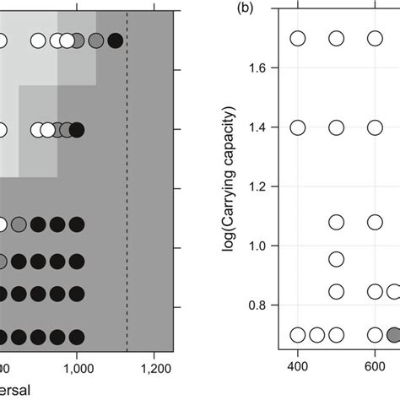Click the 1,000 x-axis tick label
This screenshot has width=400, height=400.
click(x=77, y=368)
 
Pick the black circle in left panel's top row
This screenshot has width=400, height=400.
click(x=116, y=40)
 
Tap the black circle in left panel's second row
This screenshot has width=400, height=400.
click(x=77, y=129)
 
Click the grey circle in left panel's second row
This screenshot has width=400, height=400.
click(x=64, y=129)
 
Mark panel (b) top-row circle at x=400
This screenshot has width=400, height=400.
click(x=298, y=39)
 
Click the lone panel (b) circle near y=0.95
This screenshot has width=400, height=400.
click(x=337, y=259)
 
